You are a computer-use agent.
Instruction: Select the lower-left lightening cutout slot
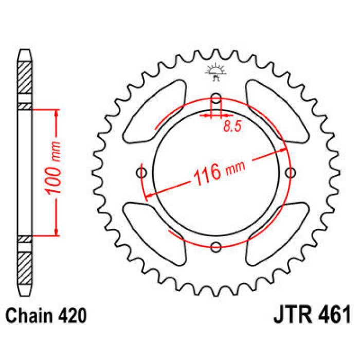(154, 231)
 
